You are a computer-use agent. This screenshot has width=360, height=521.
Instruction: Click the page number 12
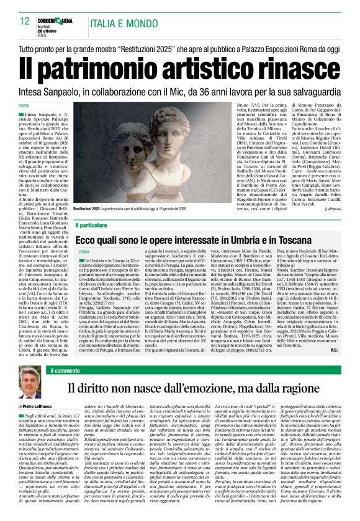pos(24,22)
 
